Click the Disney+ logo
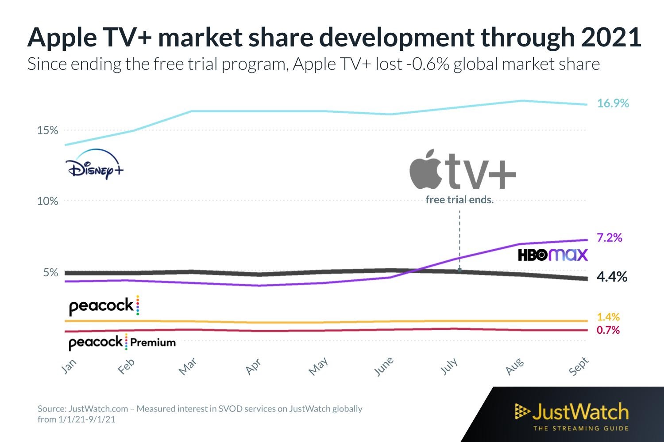click(94, 165)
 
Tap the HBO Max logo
click(552, 255)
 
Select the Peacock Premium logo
click(122, 343)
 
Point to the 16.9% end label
click(613, 103)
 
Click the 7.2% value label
click(609, 238)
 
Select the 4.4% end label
click(612, 277)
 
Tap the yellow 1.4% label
click(608, 317)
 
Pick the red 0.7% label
click(608, 330)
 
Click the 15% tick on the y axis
click(47, 130)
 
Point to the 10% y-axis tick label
click(47, 202)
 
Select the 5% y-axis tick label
click(50, 273)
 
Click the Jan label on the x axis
click(69, 366)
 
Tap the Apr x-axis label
click(253, 366)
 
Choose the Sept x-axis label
click(579, 366)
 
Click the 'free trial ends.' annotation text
click(459, 200)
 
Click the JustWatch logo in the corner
click(572, 415)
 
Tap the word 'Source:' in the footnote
click(51, 409)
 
